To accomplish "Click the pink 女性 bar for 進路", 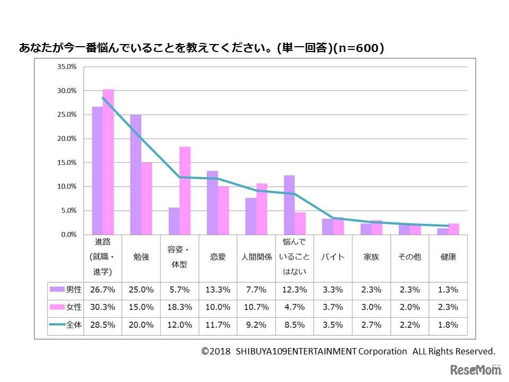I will click(x=108, y=162).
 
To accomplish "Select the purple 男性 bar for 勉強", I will click(x=136, y=175).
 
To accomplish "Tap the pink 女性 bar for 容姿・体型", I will click(x=185, y=190).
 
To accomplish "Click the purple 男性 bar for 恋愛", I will click(x=212, y=203).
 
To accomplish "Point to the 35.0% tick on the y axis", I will click(x=67, y=67).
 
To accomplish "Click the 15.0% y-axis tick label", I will click(x=67, y=163).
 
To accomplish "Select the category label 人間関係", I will click(x=256, y=257).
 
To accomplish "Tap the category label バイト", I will click(x=332, y=257).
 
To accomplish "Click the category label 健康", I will click(x=448, y=257).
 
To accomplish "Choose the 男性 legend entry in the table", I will click(x=66, y=290).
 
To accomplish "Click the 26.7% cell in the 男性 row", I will click(x=102, y=290).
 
